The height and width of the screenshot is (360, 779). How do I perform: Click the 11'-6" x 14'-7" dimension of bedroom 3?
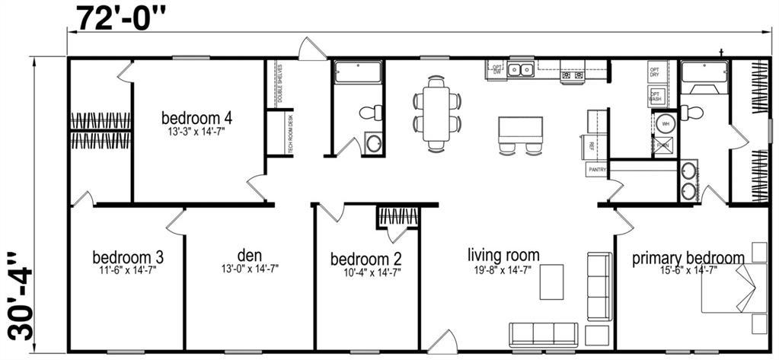127,270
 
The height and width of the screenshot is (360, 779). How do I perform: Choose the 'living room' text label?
503,255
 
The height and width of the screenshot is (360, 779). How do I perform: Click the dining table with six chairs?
438,111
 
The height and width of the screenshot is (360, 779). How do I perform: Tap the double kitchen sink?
522,70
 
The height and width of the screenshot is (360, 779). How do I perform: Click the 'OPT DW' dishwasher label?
497,69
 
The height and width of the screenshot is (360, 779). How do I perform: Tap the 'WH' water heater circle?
664,123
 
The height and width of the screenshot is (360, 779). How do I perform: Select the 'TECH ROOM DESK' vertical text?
290,134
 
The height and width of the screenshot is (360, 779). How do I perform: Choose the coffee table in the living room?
552,281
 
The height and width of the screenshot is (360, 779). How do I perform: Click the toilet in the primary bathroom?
692,112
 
